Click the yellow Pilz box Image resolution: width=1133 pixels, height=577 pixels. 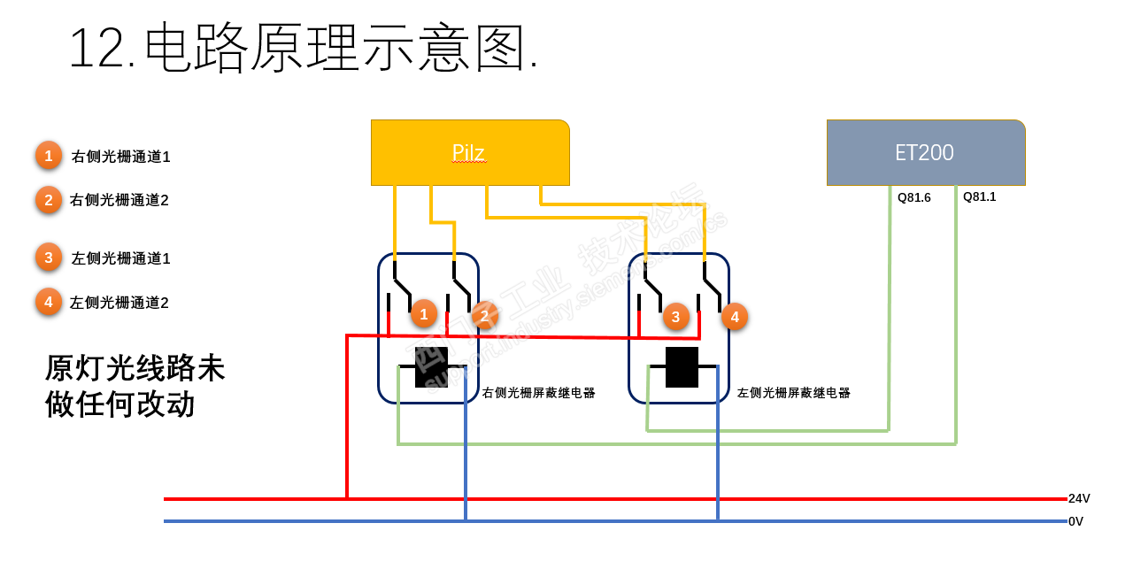(x=469, y=152)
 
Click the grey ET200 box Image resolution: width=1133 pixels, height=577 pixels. (x=925, y=152)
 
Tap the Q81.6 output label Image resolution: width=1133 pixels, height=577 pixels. (x=913, y=198)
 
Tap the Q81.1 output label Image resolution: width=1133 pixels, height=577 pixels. (x=979, y=197)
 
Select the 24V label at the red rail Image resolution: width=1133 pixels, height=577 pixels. (x=1079, y=499)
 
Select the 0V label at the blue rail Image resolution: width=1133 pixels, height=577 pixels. (x=1075, y=522)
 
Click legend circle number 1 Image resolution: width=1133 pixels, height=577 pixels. (x=49, y=156)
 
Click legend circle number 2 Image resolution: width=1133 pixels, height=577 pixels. (x=49, y=199)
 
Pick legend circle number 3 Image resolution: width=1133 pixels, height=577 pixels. (x=49, y=258)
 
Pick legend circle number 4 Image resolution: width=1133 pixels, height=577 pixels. (x=49, y=302)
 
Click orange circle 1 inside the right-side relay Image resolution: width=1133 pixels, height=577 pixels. (x=424, y=313)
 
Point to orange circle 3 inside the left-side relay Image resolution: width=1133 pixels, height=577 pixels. (x=675, y=316)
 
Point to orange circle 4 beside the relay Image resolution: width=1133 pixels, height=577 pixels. (x=735, y=316)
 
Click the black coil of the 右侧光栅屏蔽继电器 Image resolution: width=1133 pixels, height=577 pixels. (x=431, y=366)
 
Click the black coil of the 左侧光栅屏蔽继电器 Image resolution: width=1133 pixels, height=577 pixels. (x=682, y=366)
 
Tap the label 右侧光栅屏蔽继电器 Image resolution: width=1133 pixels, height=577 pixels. (x=538, y=393)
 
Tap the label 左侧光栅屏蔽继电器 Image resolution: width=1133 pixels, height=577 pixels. (x=793, y=393)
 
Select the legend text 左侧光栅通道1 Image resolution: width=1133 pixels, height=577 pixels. (x=120, y=258)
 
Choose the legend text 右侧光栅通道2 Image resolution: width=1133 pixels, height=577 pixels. (x=119, y=200)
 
